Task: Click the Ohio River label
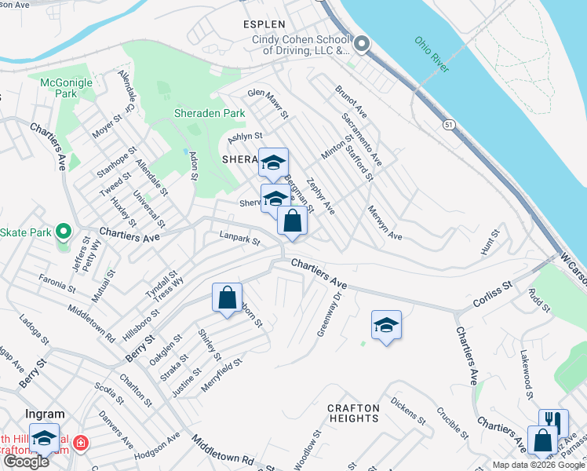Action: tap(432, 54)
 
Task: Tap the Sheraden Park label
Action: tap(210, 114)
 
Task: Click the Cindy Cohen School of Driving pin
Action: tap(361, 44)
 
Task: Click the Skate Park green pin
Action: tap(64, 232)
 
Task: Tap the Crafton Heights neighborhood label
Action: tap(353, 413)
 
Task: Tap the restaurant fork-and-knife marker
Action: tap(553, 422)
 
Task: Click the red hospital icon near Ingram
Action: tap(79, 444)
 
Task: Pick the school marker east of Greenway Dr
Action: tap(386, 325)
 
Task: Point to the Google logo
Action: tap(26, 462)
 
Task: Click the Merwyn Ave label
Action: tap(385, 224)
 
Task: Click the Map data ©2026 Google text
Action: tap(538, 465)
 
